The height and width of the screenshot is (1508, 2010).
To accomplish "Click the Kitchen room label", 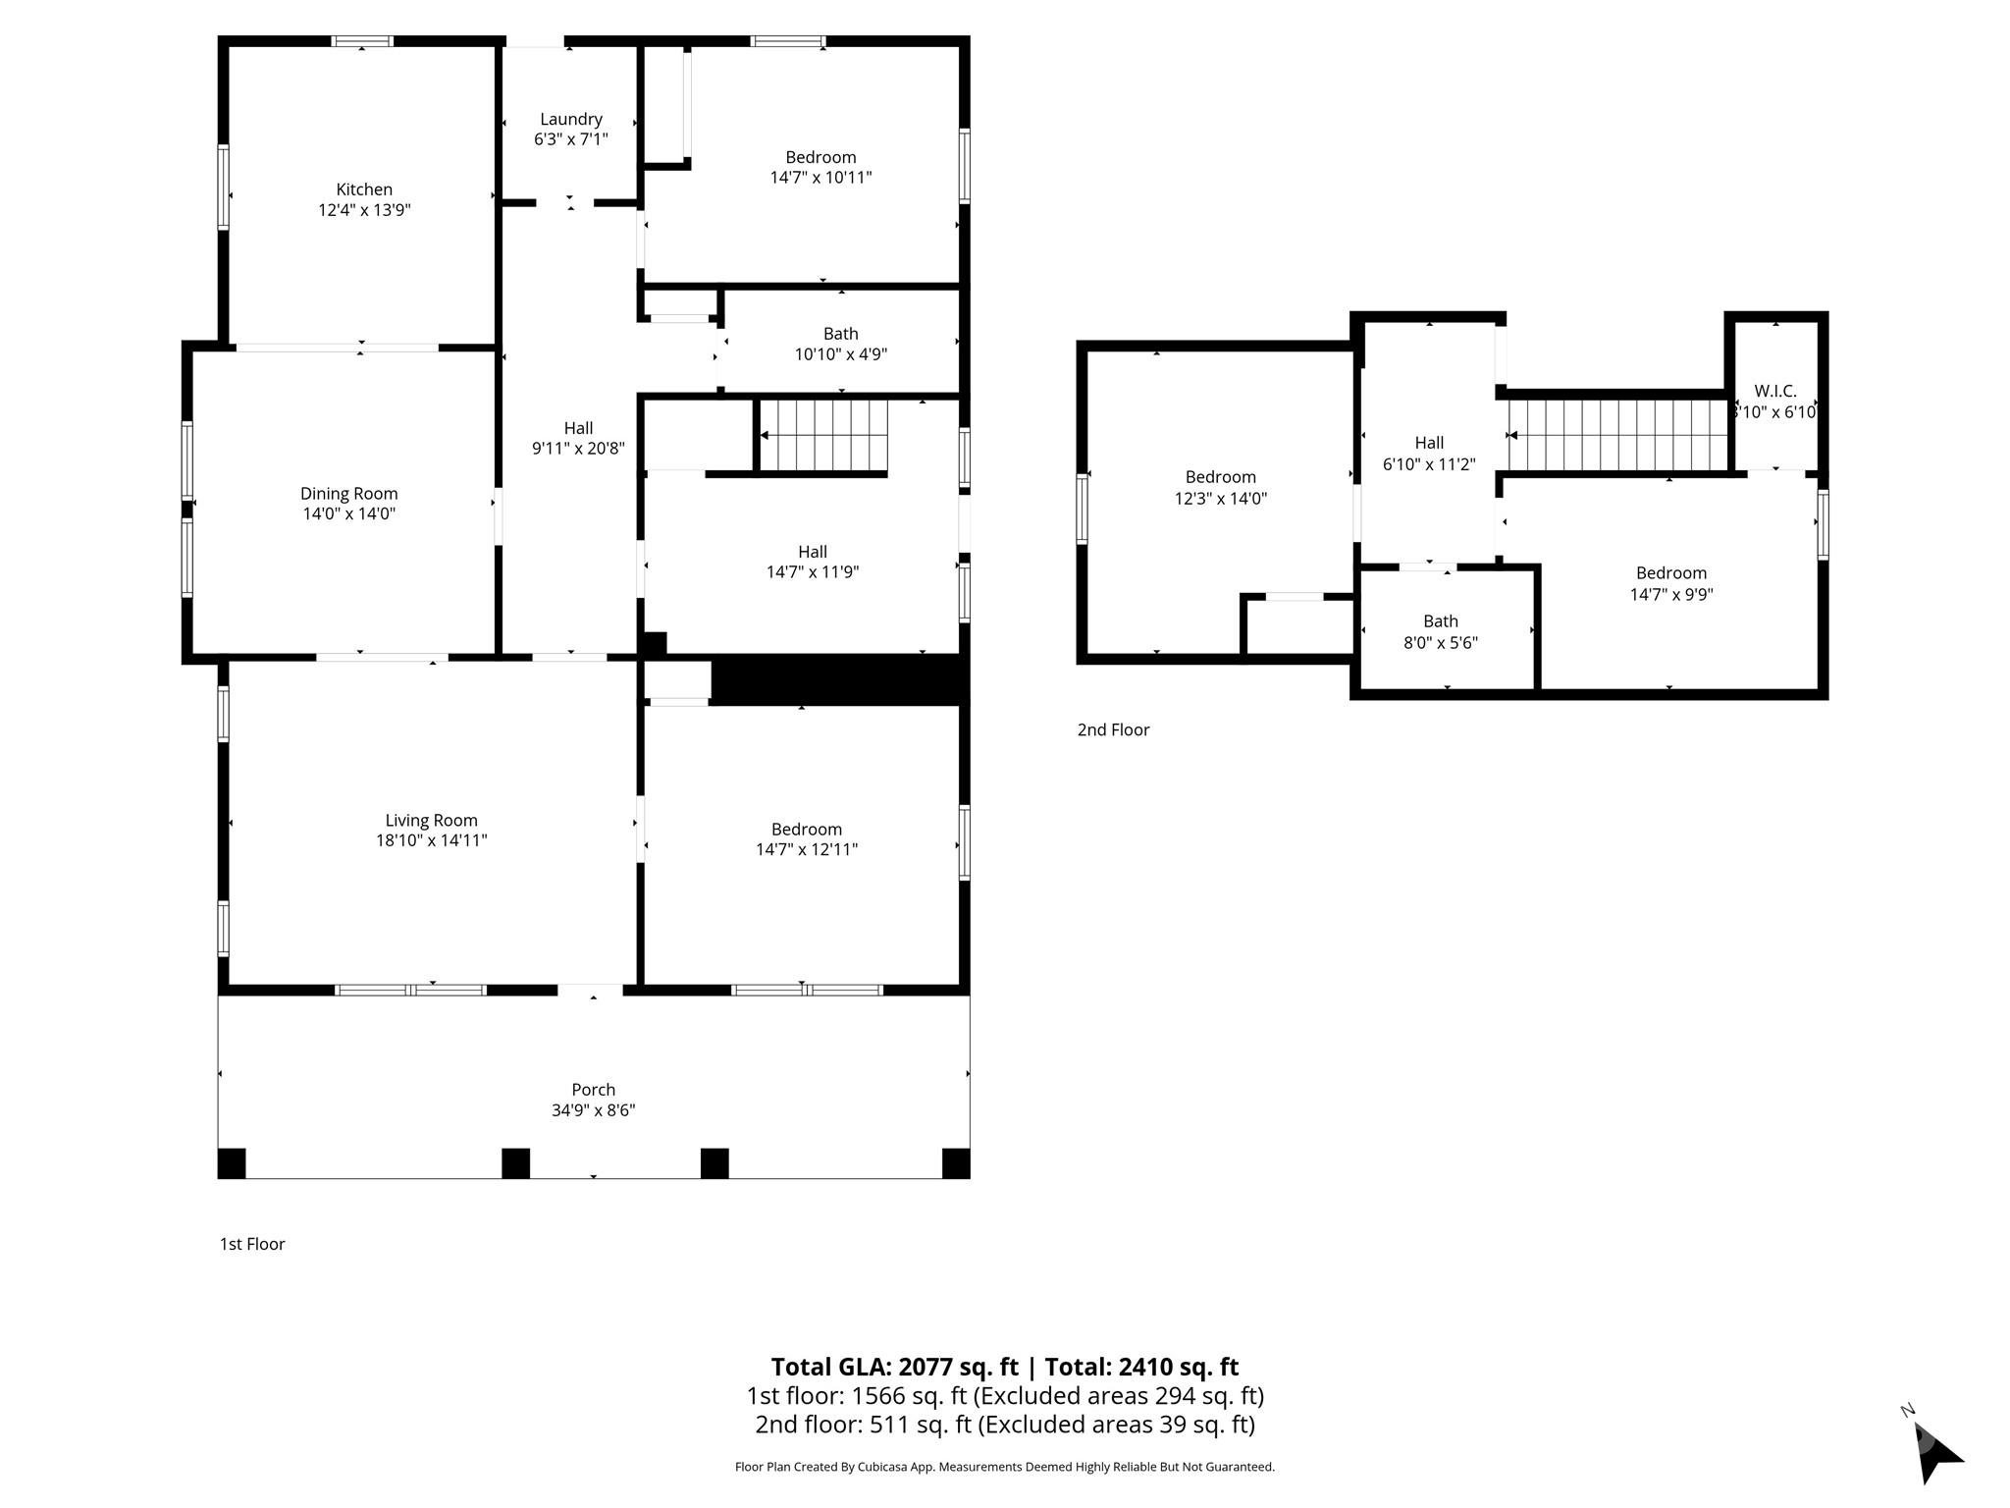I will (364, 190).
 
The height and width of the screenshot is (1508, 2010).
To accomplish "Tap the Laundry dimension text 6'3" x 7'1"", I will (570, 139).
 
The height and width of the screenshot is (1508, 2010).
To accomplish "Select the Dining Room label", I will (348, 494).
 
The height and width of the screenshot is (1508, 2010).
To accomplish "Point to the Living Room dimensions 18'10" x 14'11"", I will (431, 840).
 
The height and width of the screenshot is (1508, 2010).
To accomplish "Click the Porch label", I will (593, 1090).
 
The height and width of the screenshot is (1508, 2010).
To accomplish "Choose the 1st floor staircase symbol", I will (824, 435).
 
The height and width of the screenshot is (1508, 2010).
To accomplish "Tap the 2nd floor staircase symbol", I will (1618, 435).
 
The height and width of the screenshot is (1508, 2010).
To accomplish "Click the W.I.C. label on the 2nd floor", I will (1774, 391).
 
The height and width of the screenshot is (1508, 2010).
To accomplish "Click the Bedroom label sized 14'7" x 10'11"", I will (820, 167).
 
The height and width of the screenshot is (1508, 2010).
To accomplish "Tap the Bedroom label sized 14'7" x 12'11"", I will (806, 839).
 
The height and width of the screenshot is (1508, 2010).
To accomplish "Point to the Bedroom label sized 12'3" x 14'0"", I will (1220, 488).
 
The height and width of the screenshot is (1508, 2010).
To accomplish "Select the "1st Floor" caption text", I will (252, 1244).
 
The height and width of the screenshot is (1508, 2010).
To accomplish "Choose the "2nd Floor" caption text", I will (1113, 729).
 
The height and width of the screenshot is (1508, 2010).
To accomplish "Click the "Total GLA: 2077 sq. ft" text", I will (894, 1367).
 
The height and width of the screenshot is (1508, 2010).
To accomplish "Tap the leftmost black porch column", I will (232, 1162).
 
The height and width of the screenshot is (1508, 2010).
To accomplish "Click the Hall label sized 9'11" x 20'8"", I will (578, 438).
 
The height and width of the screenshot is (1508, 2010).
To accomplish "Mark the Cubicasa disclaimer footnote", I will (1004, 1467).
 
